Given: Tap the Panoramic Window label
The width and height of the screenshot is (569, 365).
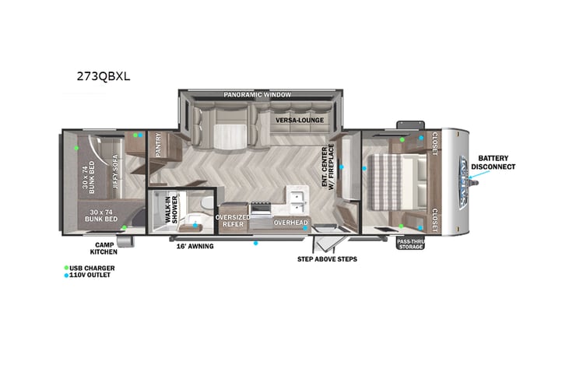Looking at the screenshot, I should tap(257, 95).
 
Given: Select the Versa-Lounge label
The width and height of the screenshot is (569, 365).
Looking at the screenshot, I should tap(299, 120).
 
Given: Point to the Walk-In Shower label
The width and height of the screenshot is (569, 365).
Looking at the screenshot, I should tap(174, 209).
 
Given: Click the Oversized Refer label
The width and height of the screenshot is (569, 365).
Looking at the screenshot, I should tap(231, 220).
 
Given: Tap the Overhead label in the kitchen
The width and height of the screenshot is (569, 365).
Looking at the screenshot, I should tap(290, 223).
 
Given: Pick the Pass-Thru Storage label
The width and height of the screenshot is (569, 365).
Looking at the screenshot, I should tap(410, 244).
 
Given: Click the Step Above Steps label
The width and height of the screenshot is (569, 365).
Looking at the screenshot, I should tap(327, 258).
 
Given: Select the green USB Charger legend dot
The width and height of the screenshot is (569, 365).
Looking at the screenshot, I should tap(66, 268).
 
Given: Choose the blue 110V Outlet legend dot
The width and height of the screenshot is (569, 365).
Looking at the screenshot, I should tap(66, 275).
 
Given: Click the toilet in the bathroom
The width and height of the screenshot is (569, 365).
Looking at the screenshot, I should tap(201, 204).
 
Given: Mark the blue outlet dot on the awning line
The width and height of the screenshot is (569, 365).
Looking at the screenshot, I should tap(255, 243).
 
